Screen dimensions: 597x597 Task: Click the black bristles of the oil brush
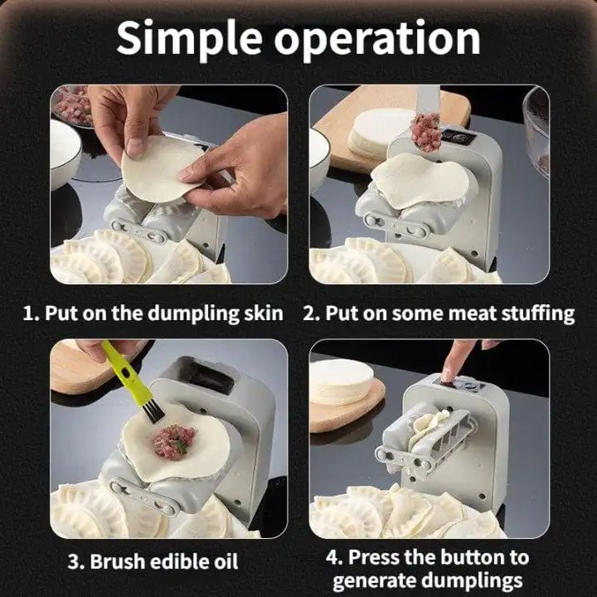tap(149, 409)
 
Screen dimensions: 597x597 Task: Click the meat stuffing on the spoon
tap(426, 130)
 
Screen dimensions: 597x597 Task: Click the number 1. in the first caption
tap(31, 313)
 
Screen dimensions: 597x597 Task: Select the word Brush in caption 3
tap(122, 561)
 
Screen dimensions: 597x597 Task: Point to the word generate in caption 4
tap(376, 580)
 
